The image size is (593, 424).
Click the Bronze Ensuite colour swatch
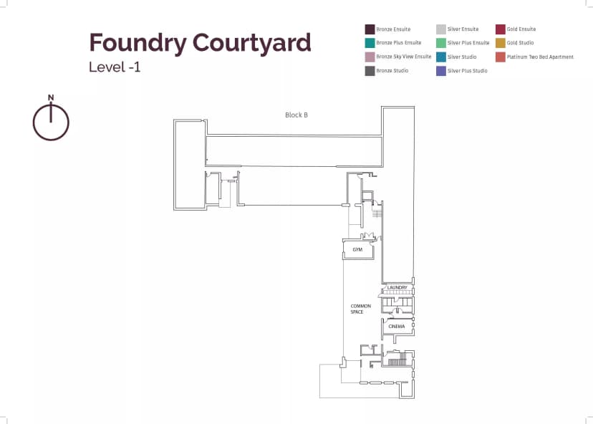[370, 29]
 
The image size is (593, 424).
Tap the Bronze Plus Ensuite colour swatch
[370, 43]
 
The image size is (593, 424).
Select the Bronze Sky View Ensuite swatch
[370, 57]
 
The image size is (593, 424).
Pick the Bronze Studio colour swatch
[370, 71]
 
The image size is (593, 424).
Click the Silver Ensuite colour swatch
[441, 29]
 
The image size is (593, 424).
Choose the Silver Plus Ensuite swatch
[441, 43]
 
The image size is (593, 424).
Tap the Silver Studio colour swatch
[441, 57]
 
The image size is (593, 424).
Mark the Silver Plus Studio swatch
[441, 71]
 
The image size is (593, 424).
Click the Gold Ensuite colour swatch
[500, 29]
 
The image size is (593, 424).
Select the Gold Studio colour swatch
[500, 43]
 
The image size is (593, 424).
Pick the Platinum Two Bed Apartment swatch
[500, 57]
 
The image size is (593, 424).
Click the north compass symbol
[51, 119]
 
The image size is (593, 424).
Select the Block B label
[296, 115]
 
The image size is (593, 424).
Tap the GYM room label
[357, 250]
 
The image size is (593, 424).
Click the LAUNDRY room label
[397, 288]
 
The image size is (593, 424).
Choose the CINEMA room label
[397, 327]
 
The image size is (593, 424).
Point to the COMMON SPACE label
[360, 309]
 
